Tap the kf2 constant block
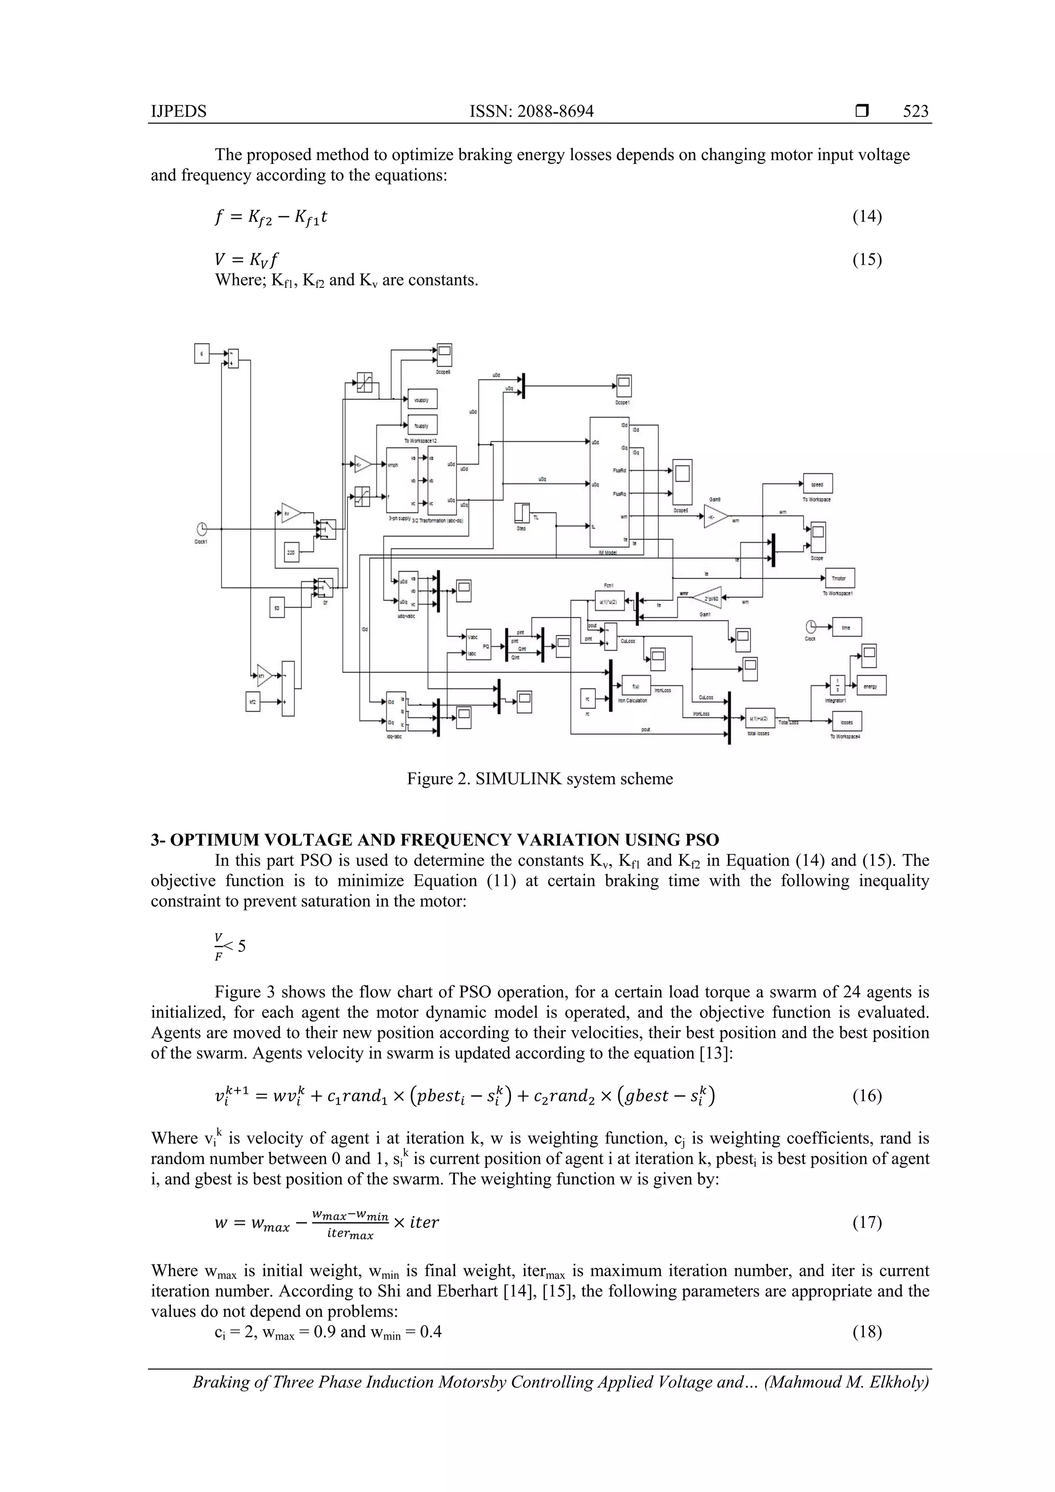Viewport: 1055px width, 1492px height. (253, 702)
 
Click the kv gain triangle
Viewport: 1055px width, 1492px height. (291, 513)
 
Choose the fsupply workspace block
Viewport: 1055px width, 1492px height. (422, 425)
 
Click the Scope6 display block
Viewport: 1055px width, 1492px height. (444, 355)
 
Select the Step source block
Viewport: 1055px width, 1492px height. (522, 514)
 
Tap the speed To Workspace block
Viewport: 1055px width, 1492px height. (818, 484)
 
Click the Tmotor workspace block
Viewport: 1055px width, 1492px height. (839, 578)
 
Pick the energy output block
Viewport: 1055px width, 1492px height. (871, 686)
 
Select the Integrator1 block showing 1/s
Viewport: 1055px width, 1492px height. (837, 685)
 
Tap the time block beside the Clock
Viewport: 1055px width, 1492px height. (846, 627)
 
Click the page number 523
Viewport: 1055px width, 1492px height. (915, 111)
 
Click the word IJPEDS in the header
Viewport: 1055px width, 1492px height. (179, 111)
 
